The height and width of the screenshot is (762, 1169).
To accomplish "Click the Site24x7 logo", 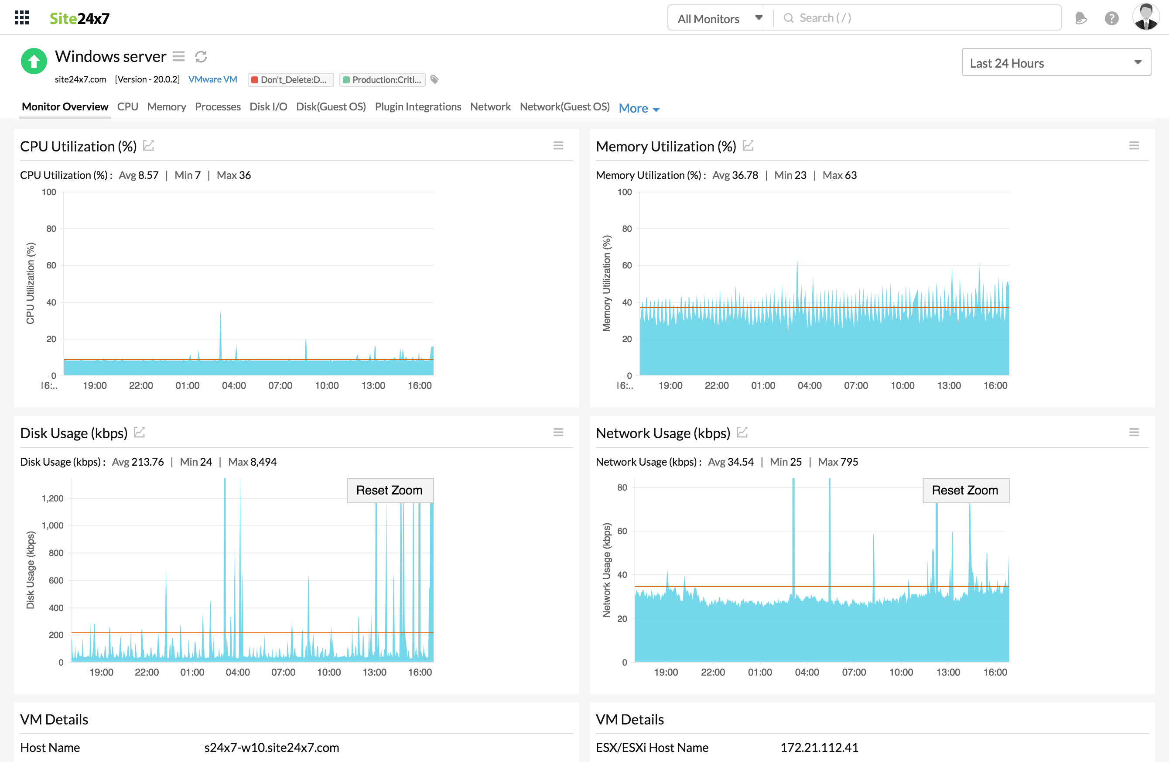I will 79,18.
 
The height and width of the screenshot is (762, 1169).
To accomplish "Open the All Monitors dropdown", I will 719,19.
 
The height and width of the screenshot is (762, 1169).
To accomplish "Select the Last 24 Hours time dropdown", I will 1056,62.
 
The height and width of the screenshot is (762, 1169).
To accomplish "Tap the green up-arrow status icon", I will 34,62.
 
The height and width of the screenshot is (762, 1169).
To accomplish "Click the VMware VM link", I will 213,79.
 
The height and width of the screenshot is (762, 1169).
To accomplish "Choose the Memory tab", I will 166,106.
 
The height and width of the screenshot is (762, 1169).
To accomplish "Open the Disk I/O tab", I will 268,106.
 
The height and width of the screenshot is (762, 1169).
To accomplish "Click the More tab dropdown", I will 639,108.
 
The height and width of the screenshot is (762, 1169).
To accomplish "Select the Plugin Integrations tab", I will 417,106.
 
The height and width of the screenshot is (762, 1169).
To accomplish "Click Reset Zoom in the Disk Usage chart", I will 390,490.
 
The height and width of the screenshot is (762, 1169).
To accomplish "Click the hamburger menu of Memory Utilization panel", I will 1134,145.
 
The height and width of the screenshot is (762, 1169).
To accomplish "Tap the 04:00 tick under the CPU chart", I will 234,386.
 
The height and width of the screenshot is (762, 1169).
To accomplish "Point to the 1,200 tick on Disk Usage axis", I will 52,498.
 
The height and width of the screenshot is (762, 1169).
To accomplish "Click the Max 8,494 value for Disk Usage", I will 252,462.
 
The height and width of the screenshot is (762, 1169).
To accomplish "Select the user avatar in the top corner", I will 1145,18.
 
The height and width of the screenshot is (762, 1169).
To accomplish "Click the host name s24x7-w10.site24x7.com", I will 271,747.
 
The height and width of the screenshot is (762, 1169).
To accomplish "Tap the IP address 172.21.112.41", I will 819,747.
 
